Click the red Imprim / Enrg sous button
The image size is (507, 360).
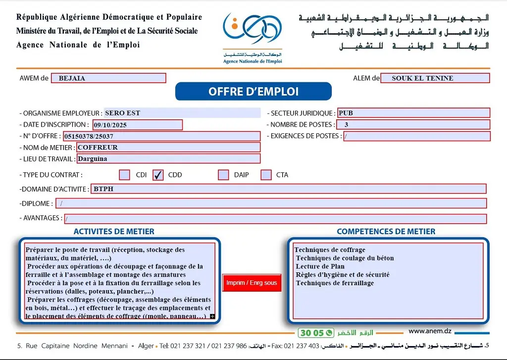pos(252,283)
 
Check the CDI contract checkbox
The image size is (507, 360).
pos(125,175)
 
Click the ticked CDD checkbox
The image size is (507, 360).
pos(158,175)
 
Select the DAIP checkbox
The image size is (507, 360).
pos(223,175)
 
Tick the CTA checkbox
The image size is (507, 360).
pos(266,175)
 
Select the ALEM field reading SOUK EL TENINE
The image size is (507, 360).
pos(435,78)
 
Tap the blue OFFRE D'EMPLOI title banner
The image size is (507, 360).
pos(253,92)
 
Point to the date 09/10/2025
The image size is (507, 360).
pos(110,125)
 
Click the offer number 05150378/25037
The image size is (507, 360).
pos(92,136)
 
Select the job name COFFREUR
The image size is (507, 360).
pos(98,147)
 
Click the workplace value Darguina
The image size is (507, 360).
pos(93,159)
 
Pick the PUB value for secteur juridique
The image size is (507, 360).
pos(346,113)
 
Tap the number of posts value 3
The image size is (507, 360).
pos(347,125)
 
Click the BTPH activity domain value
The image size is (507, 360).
pos(103,189)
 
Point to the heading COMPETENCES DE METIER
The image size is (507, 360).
pos(386,231)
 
